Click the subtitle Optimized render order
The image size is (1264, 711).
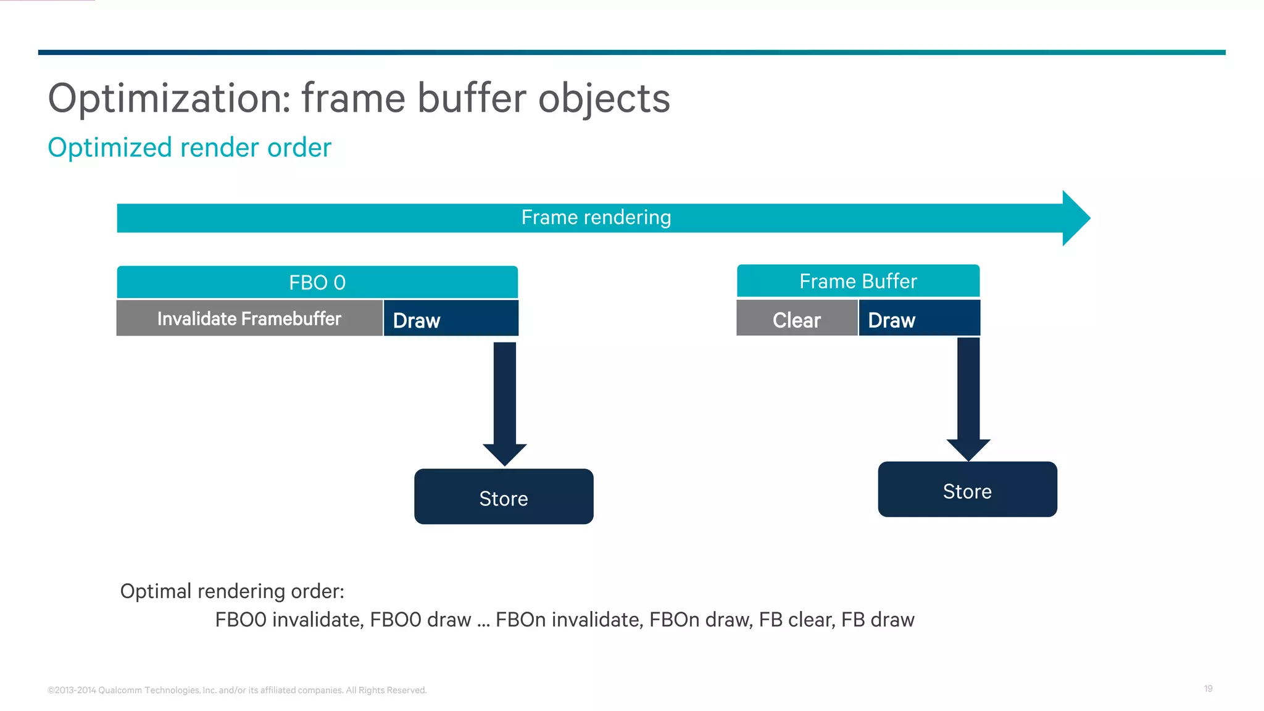click(x=189, y=148)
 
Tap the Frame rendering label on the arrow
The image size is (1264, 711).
click(x=596, y=218)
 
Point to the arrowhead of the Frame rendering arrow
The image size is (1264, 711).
click(x=1075, y=218)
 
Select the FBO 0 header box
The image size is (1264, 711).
click(x=317, y=283)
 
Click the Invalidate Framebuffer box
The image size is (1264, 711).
click(x=249, y=319)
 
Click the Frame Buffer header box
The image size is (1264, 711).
click(x=858, y=281)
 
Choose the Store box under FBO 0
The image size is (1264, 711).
click(x=504, y=497)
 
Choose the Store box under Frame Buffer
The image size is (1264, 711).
click(x=967, y=490)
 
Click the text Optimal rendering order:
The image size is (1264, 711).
click(x=232, y=591)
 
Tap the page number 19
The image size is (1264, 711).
click(x=1208, y=689)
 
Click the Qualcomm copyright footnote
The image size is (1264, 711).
click(x=237, y=690)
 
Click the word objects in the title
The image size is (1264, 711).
click(x=604, y=99)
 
